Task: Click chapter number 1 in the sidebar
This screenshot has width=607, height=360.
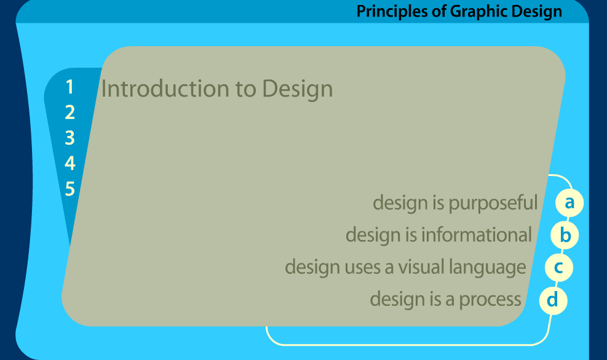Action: pos(70,87)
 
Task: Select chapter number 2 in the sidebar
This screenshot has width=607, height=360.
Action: pos(70,113)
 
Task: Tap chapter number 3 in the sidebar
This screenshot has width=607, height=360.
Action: pos(70,138)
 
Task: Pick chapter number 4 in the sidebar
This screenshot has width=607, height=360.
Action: pos(70,163)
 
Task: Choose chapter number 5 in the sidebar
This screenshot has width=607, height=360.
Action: pos(70,188)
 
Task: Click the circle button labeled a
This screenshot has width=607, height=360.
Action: pos(569,202)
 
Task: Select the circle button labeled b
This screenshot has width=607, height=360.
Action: pos(565,235)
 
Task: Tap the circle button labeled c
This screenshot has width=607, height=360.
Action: pos(559,268)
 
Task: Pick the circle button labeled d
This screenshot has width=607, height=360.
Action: pos(553,300)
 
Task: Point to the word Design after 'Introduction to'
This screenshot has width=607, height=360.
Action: pos(298,90)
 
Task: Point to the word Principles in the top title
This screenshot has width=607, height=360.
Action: pos(393,11)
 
